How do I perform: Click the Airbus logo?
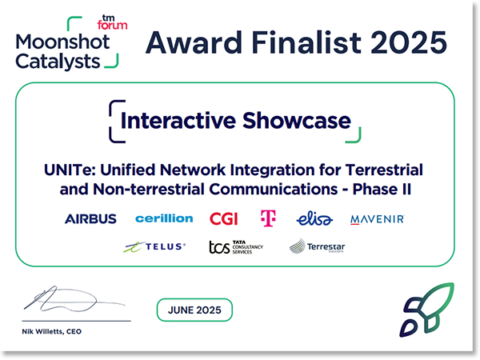click(90, 218)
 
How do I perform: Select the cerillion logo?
click(164, 218)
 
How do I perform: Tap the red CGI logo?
click(223, 218)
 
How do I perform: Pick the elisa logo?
click(313, 218)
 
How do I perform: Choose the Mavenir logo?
click(378, 218)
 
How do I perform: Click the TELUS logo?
click(154, 247)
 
